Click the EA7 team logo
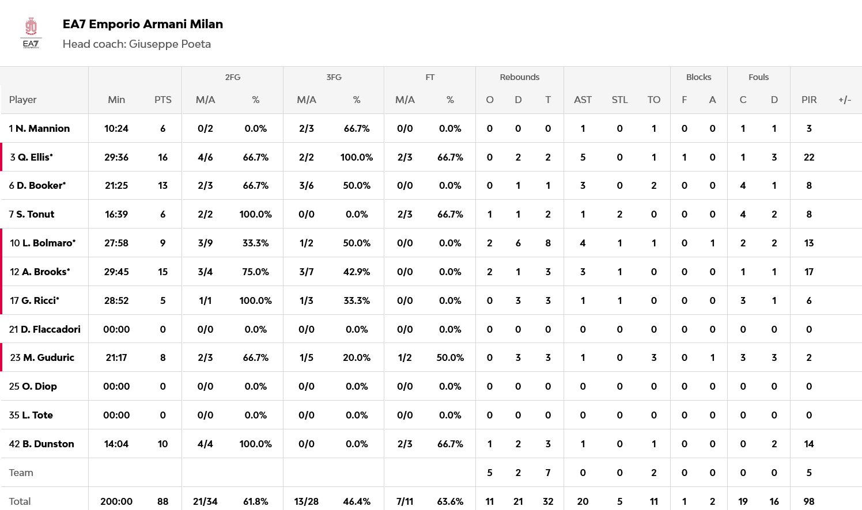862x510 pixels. pyautogui.click(x=31, y=33)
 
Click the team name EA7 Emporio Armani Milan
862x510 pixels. pyautogui.click(x=142, y=24)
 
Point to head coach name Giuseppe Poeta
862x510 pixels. pyautogui.click(x=169, y=44)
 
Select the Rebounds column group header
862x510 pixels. pyautogui.click(x=519, y=77)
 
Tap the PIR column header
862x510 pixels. pyautogui.click(x=808, y=100)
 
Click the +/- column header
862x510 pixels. pyautogui.click(x=844, y=100)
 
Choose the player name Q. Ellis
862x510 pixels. pyautogui.click(x=35, y=157)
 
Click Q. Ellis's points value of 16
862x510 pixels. pyautogui.click(x=162, y=157)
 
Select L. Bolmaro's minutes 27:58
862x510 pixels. pyautogui.click(x=116, y=243)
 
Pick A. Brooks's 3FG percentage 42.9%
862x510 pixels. pyautogui.click(x=356, y=272)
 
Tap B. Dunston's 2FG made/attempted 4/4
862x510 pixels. pyautogui.click(x=205, y=444)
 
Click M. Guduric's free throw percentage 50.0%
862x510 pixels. pyautogui.click(x=449, y=357)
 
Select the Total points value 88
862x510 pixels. pyautogui.click(x=162, y=501)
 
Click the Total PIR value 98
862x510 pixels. pyautogui.click(x=808, y=501)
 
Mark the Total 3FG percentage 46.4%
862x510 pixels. pyautogui.click(x=356, y=501)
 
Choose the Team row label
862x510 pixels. pyautogui.click(x=21, y=473)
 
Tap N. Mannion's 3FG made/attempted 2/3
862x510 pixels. pyautogui.click(x=306, y=128)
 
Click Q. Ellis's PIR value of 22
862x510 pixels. pyautogui.click(x=808, y=157)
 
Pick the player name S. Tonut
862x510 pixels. pyautogui.click(x=35, y=214)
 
